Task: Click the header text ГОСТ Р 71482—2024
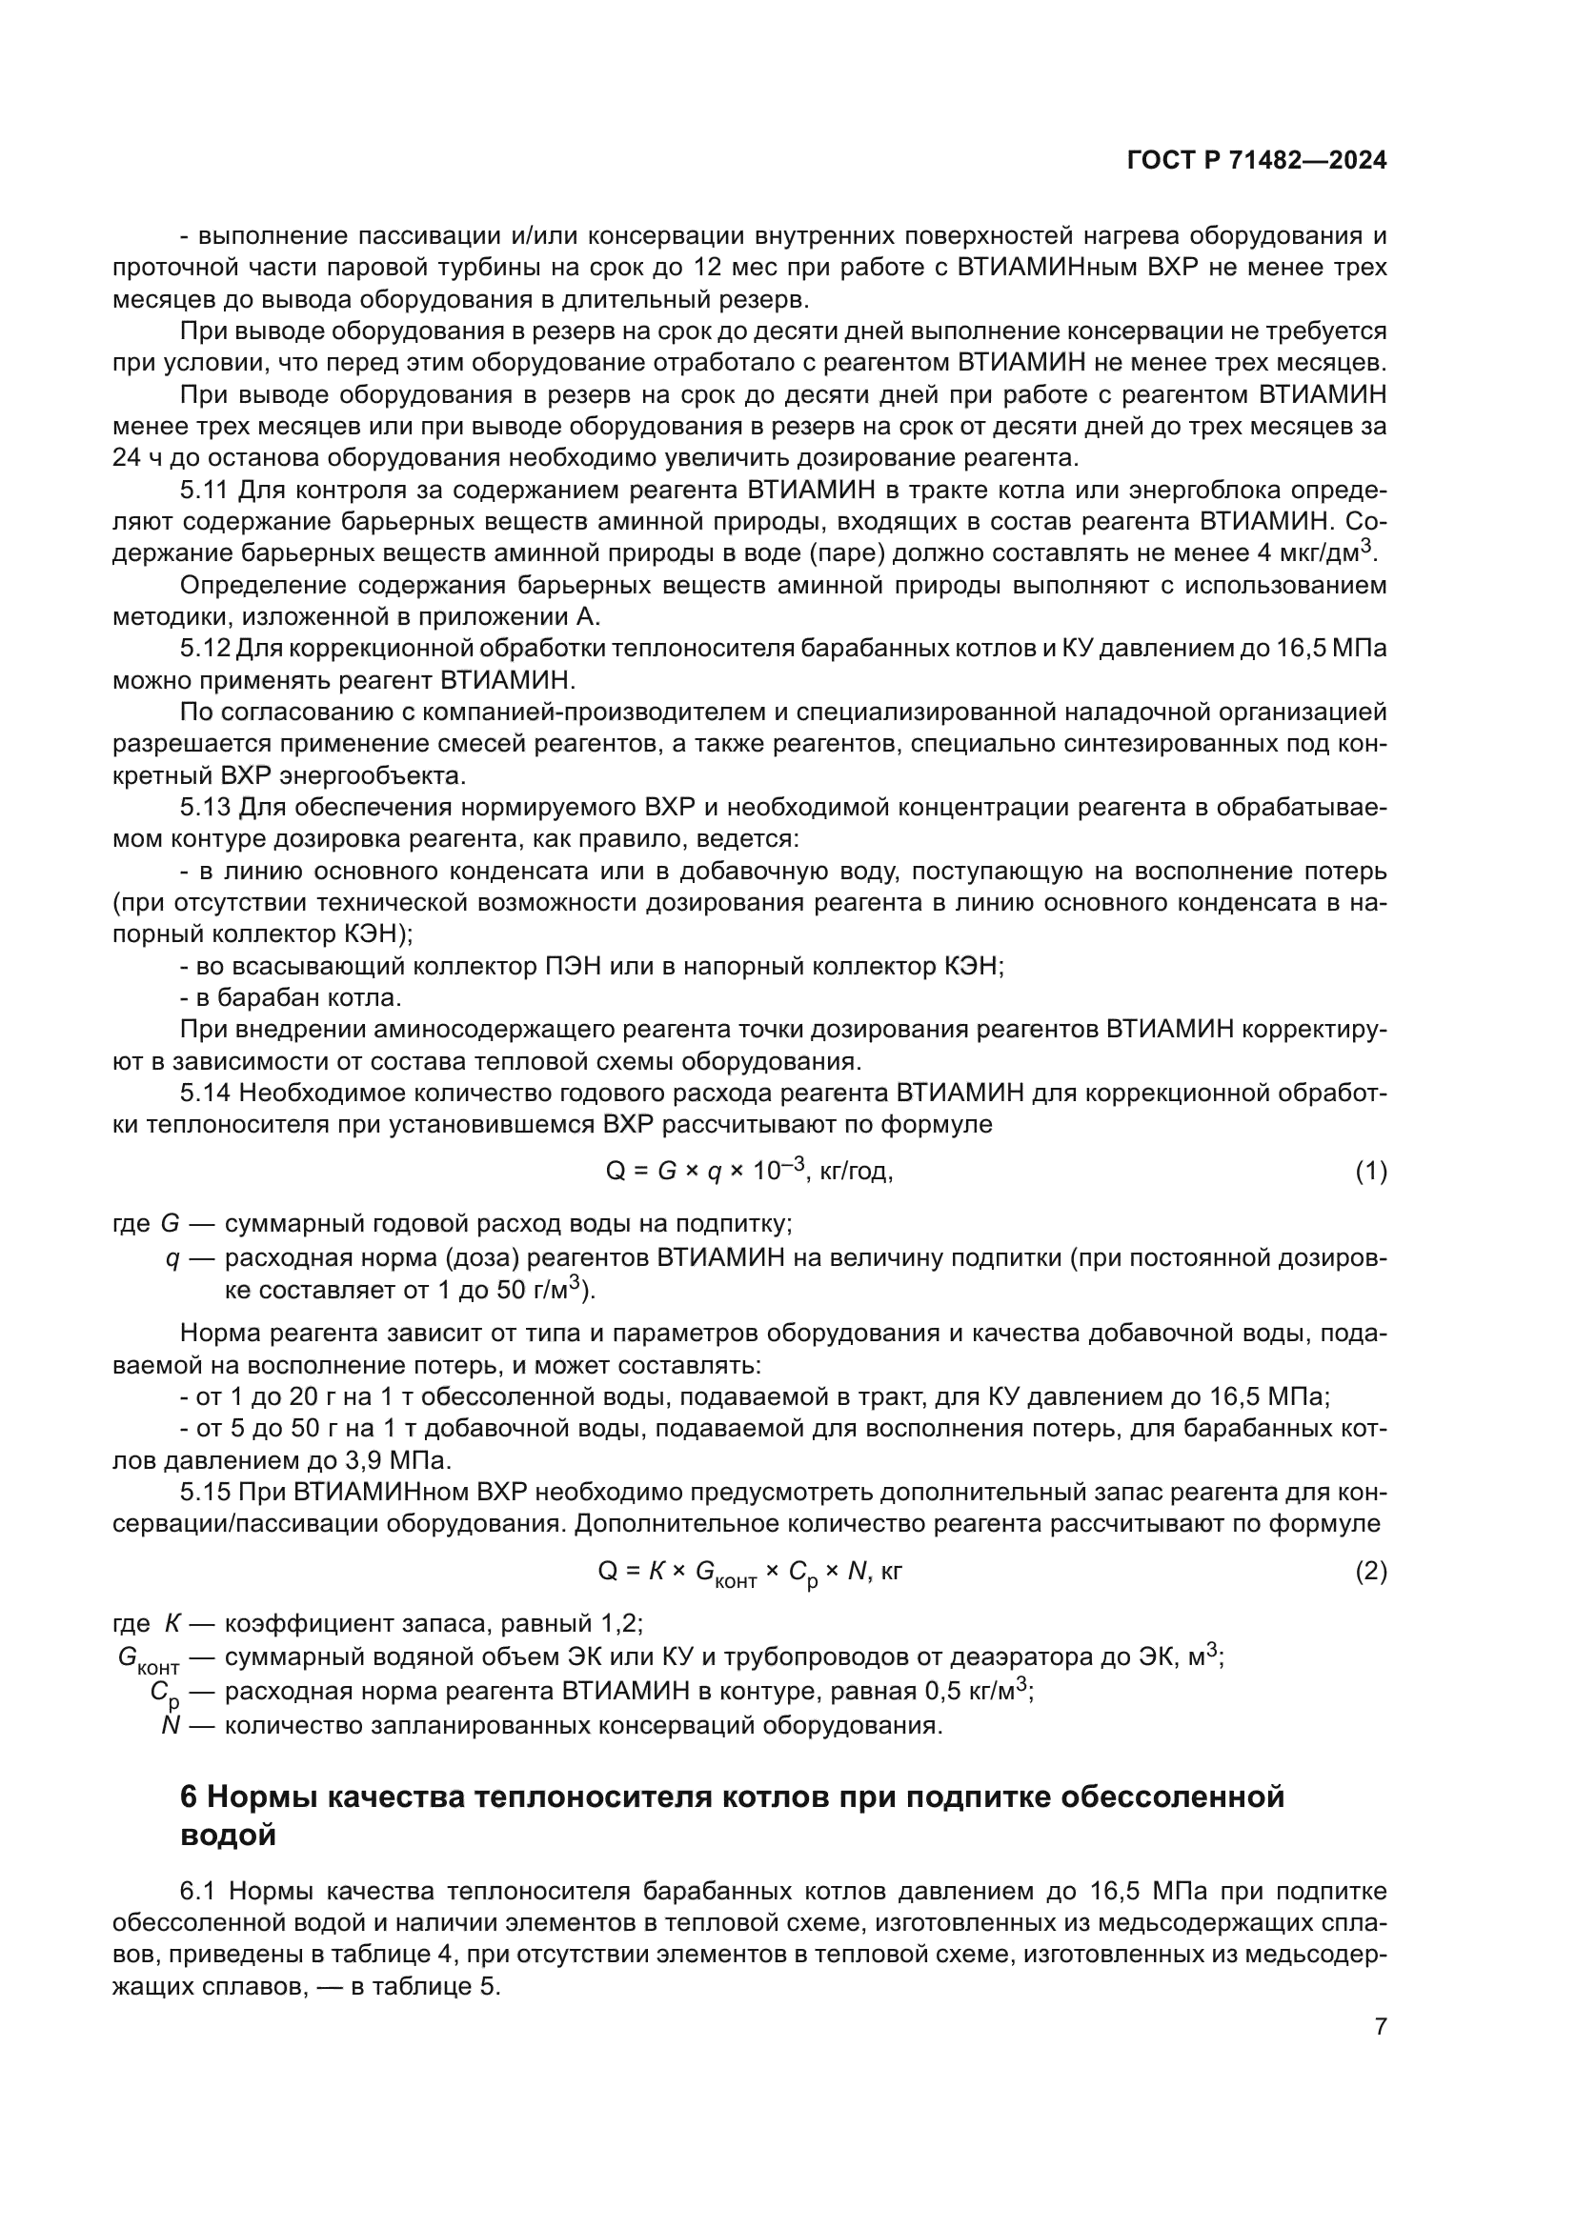click(x=1257, y=161)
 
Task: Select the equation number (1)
click(x=1370, y=1173)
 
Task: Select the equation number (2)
click(x=1370, y=1571)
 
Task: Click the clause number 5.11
click(x=205, y=490)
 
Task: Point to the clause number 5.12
click(x=205, y=649)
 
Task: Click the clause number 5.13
click(x=205, y=808)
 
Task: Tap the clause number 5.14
click(x=205, y=1093)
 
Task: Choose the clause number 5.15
click(x=205, y=1492)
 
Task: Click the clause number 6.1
click(x=199, y=1892)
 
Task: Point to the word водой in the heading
click(x=228, y=1835)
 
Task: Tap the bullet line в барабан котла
click(x=292, y=997)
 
